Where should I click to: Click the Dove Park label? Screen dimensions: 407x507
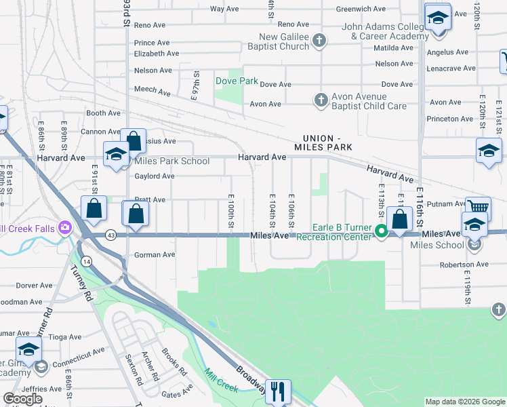coord(237,81)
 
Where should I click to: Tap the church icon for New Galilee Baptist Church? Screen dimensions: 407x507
coord(318,42)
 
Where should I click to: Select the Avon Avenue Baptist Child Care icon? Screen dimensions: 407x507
coord(321,100)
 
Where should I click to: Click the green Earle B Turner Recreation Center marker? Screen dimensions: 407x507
coord(382,232)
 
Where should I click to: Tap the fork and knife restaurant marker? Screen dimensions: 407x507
coord(279,391)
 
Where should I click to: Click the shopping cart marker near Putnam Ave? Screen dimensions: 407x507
coord(478,207)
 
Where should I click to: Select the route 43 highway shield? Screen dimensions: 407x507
coord(110,235)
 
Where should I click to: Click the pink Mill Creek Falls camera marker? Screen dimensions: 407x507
coord(65,227)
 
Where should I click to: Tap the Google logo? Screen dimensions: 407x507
coord(22,399)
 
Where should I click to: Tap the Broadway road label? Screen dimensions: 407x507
coord(250,377)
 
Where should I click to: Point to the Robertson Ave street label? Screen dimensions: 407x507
coord(464,265)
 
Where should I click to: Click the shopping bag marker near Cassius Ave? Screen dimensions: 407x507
coord(134,142)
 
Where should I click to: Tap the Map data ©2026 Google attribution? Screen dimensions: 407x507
coord(464,402)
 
